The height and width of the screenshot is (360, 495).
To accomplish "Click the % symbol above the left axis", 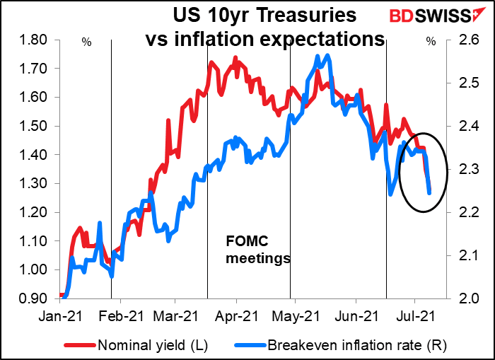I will click(x=86, y=42).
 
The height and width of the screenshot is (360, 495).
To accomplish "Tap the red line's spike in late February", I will click(x=168, y=122).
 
